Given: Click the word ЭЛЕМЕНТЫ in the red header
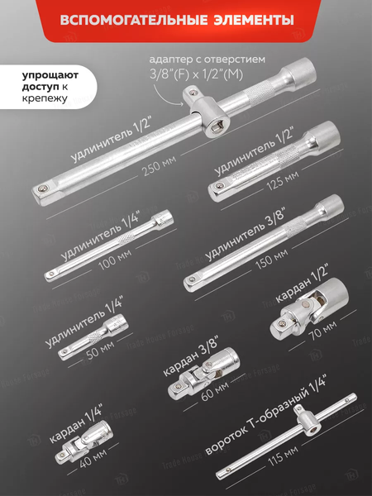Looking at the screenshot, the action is pyautogui.click(x=254, y=20).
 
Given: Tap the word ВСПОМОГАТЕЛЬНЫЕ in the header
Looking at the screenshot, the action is pyautogui.click(x=134, y=20).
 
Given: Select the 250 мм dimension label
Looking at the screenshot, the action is pyautogui.click(x=159, y=165).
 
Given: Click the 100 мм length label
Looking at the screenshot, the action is pyautogui.click(x=115, y=260).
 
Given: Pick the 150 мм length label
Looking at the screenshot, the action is pyautogui.click(x=272, y=259).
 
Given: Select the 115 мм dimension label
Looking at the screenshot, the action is pyautogui.click(x=283, y=456).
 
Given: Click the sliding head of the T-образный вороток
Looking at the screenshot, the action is pyautogui.click(x=307, y=422).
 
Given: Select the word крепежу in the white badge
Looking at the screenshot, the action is pyautogui.click(x=45, y=98).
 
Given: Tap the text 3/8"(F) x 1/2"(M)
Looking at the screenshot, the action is pyautogui.click(x=196, y=74).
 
